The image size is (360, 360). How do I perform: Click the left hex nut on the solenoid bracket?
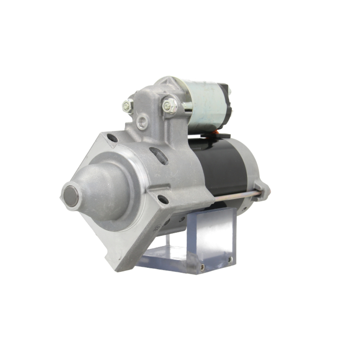[127, 106]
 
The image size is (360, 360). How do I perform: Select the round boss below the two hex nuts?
[142, 122]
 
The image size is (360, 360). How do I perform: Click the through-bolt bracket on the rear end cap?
[262, 189]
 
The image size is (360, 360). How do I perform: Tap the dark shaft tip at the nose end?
[71, 196]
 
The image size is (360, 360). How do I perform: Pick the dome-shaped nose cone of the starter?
[101, 191]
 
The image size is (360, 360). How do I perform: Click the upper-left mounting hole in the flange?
[112, 138]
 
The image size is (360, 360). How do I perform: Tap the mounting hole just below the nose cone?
[163, 199]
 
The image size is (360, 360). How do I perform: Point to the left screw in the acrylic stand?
[202, 267]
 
